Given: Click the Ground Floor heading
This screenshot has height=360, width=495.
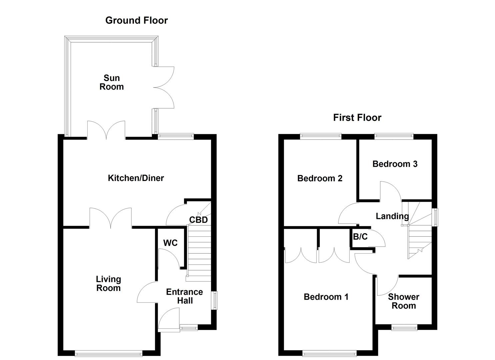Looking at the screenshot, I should coord(136,20).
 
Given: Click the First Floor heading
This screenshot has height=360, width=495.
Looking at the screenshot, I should coord(357,118).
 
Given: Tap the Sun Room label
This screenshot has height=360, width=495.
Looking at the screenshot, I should coord(112,82).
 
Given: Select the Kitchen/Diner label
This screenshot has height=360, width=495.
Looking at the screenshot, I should coord(136,178).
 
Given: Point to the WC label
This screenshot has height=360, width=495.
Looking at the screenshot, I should coord(170,243).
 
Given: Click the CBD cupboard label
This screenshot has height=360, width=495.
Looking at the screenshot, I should coord(198,220).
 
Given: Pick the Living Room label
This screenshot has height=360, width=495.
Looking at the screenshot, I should coord(108,284).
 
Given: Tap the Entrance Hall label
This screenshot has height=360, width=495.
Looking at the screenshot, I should coord(184,296).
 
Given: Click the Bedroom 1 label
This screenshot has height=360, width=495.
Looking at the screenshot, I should coord(326,297).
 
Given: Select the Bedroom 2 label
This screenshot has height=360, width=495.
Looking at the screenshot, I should coord(320,178).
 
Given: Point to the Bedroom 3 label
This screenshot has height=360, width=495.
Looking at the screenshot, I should coord(395,164).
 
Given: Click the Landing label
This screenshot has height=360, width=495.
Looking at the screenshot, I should coord(392,216).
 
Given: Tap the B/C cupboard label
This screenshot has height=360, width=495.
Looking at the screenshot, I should coord(360,237).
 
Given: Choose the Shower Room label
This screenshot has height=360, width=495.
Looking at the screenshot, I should coord(403,301).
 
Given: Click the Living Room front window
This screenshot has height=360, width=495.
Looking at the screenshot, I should coord(109,353).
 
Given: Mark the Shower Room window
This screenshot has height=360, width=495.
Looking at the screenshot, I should coord(404,327).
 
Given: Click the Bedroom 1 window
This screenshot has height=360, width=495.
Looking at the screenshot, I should coord(329,353).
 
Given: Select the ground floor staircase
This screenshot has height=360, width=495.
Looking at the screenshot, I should coord(199,250).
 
